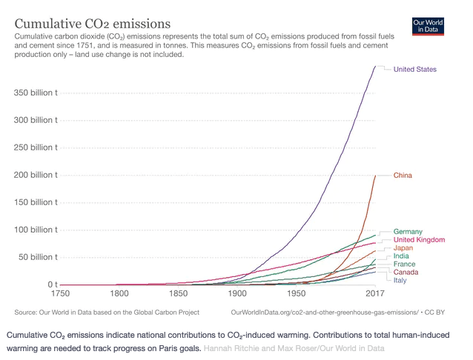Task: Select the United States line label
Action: (414, 70)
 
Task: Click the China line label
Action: (403, 176)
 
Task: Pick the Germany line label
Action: (408, 232)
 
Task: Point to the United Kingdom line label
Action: (419, 240)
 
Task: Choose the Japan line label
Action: (403, 248)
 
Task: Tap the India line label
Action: (401, 256)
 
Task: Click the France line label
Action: (404, 264)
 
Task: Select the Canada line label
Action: (406, 273)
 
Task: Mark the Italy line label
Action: (400, 281)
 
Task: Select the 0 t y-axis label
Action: (53, 284)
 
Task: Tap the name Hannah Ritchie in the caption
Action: (231, 347)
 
